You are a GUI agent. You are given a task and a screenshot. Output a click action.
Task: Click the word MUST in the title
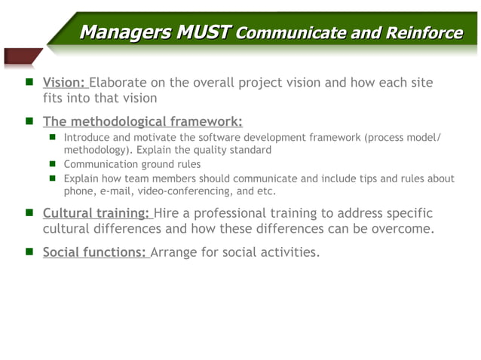(204, 32)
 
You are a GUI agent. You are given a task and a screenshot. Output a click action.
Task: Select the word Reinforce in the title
(425, 33)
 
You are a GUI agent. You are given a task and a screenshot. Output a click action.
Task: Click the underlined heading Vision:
(65, 82)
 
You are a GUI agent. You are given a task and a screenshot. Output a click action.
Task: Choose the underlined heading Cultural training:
(97, 213)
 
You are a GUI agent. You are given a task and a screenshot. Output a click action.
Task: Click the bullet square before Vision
(26, 82)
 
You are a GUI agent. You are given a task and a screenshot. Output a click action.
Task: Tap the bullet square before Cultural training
(26, 213)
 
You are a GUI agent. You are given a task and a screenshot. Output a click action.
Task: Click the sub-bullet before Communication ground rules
(54, 164)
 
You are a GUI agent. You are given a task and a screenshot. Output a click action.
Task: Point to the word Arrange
(177, 252)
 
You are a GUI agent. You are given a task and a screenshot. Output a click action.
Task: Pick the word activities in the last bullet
(289, 252)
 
